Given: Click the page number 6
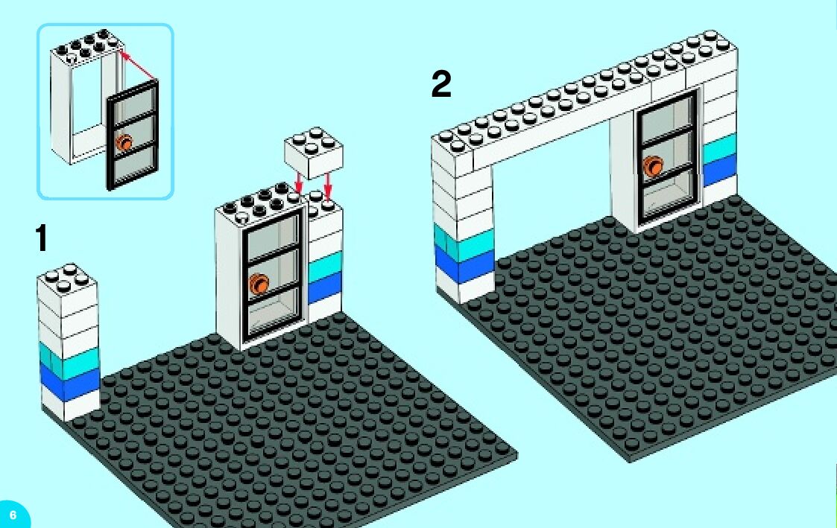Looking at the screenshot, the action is (x=12, y=515).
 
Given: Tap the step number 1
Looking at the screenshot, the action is (x=42, y=241).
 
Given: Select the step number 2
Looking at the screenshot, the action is (x=441, y=84).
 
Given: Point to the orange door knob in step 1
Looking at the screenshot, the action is (x=260, y=283).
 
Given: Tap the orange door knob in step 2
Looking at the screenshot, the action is (x=654, y=166).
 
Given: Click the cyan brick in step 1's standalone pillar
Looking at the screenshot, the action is (x=69, y=360).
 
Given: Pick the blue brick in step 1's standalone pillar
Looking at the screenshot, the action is (x=69, y=383).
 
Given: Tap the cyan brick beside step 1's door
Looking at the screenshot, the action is (x=324, y=265).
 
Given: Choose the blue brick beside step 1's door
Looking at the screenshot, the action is (x=324, y=286).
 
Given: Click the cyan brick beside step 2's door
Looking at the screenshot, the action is (x=719, y=148).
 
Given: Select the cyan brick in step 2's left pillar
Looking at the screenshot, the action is (x=462, y=242).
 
